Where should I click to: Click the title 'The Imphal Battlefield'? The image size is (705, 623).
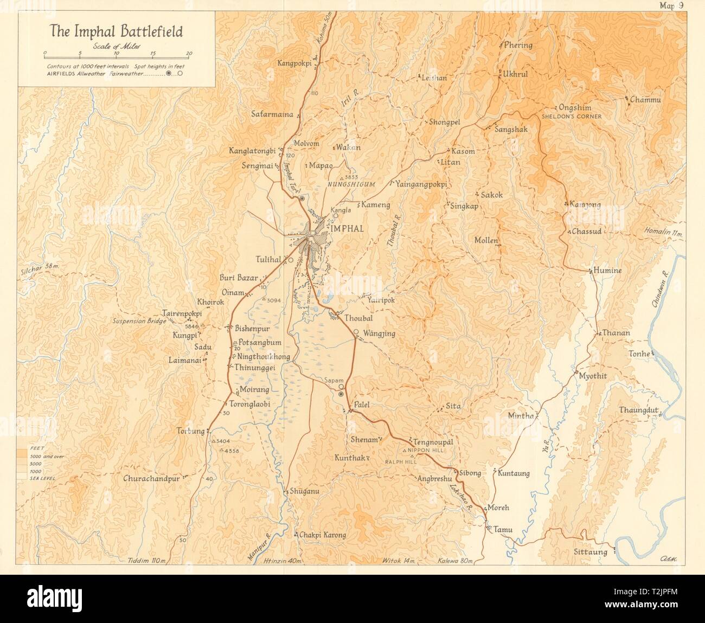coord(117,30)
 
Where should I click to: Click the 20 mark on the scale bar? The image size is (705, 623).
coord(189,53)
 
